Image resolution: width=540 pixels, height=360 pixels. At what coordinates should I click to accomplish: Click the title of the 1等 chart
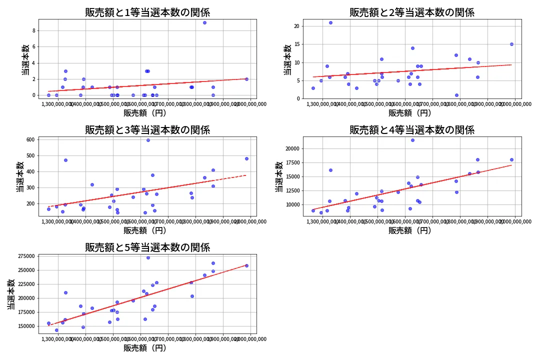point(147,12)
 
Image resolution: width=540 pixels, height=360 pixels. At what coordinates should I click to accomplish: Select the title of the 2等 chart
point(412,12)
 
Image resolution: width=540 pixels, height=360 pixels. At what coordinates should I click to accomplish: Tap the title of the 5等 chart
point(147,247)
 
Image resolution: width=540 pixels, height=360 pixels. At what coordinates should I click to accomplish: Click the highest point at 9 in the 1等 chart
point(204,22)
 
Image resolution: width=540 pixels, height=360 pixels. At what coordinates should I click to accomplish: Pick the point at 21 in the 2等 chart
point(330,22)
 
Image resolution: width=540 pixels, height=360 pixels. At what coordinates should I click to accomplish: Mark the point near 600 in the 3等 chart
point(148,140)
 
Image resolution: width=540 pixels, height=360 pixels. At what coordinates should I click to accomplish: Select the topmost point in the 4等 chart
point(412,140)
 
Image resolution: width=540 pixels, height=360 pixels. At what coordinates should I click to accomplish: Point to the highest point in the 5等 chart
point(148,257)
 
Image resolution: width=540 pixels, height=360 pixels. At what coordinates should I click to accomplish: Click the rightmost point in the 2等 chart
point(511,44)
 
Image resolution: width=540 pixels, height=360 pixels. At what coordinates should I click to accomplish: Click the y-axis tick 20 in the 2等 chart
point(296,26)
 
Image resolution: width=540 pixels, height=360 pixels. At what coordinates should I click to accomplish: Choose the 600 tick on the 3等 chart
point(30,139)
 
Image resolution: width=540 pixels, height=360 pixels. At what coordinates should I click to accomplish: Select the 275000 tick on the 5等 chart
point(25,256)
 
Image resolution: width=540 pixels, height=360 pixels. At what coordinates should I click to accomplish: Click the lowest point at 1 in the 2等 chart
point(456,95)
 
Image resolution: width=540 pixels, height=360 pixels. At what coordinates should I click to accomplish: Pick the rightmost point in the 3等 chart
point(246,158)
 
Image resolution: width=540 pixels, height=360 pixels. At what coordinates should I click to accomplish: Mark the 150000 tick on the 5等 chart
point(25,326)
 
